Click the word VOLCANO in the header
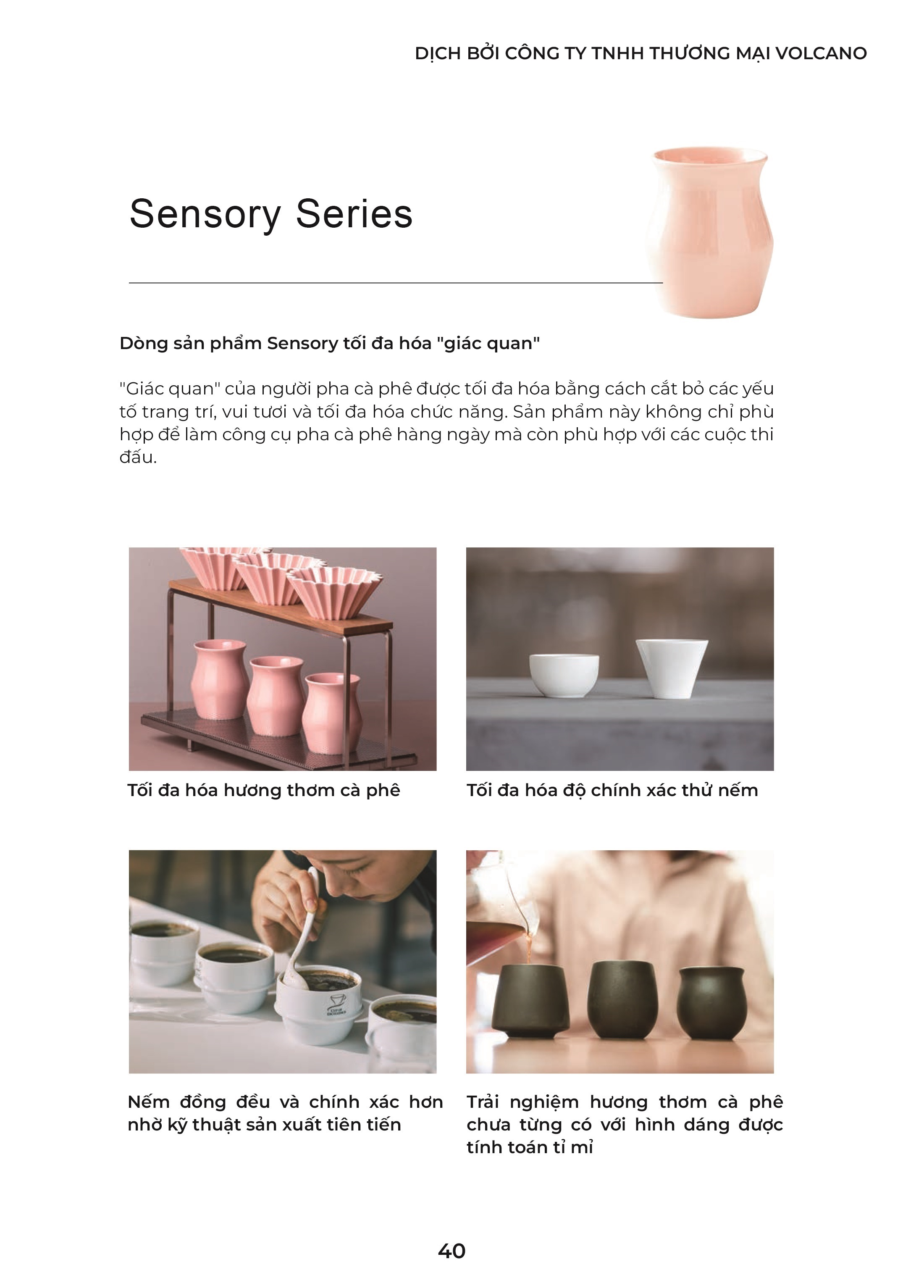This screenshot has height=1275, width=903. [x=821, y=53]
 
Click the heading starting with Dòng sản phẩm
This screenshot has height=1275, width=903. [x=330, y=344]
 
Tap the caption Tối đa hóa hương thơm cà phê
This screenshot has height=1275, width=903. [x=264, y=791]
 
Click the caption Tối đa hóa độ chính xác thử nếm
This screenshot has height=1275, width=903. [x=612, y=791]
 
